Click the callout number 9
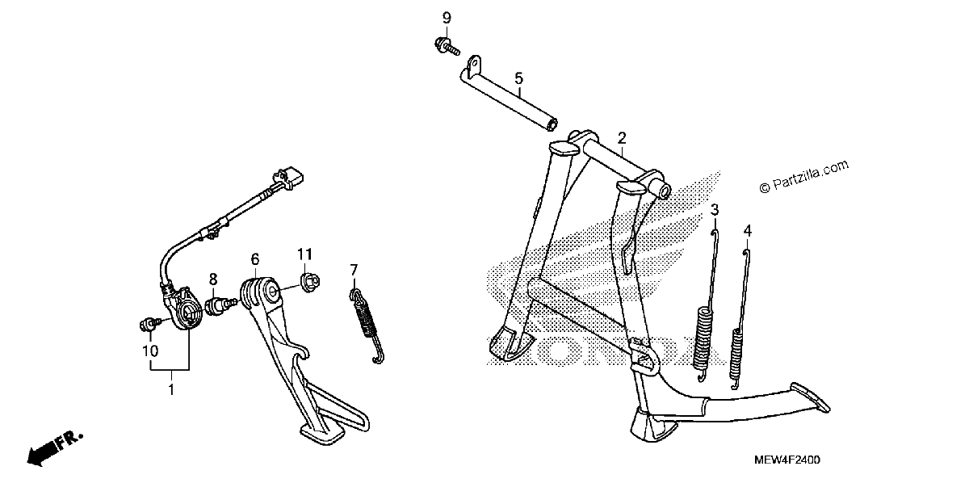click(x=447, y=19)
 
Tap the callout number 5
click(x=518, y=78)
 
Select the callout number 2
click(x=622, y=138)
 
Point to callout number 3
click(x=715, y=210)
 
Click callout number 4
click(x=748, y=231)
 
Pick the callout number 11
click(x=304, y=254)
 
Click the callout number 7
click(x=354, y=270)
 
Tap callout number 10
click(x=150, y=351)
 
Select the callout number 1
click(x=171, y=390)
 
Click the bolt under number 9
click(x=447, y=47)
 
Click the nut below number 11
click(x=310, y=283)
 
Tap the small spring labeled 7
click(x=367, y=325)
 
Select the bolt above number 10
click(x=149, y=324)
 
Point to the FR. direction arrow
click(x=54, y=450)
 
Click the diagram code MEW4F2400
click(x=787, y=460)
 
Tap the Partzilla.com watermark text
click(x=804, y=177)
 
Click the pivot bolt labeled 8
click(x=221, y=306)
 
